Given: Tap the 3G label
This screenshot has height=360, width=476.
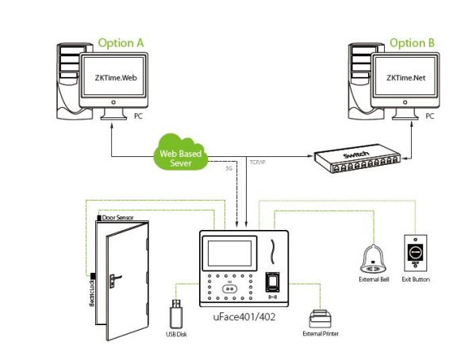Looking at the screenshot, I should tap(229, 169).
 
